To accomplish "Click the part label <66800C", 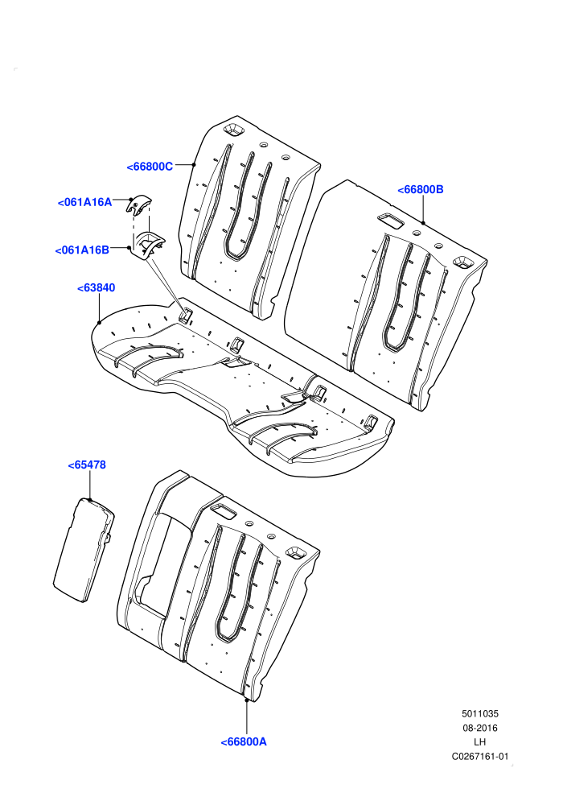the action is [150, 167].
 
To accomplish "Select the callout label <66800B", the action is [421, 190].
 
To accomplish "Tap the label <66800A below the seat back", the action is [244, 741].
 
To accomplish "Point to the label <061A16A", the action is [84, 202].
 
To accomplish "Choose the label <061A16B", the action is [82, 250].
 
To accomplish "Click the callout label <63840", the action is [97, 287].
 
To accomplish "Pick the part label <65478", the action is [88, 465].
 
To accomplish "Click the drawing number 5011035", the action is [479, 713].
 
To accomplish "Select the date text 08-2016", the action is [479, 728].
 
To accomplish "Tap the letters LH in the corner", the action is [479, 742].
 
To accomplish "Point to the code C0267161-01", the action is [479, 756].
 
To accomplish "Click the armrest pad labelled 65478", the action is [84, 551].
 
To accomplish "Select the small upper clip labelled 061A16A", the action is [138, 204].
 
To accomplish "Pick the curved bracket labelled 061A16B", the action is [147, 245].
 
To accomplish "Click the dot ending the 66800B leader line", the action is [423, 223].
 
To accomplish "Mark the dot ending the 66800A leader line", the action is [247, 700].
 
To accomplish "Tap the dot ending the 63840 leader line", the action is [99, 322].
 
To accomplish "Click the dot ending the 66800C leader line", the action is [194, 164].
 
